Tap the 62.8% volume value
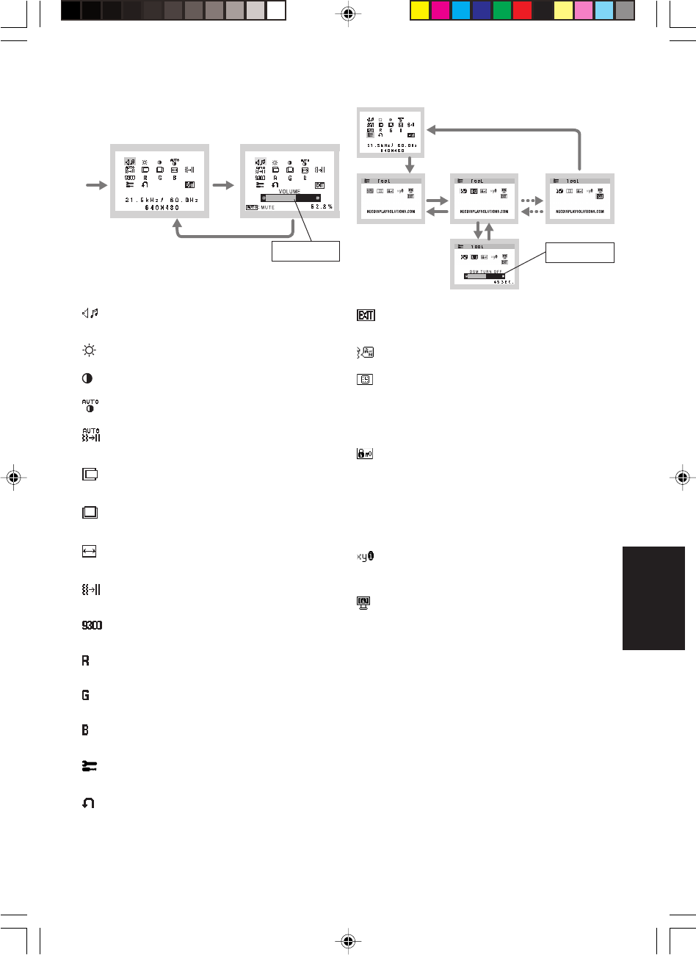pyautogui.click(x=321, y=207)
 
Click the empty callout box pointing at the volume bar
pyautogui.click(x=305, y=251)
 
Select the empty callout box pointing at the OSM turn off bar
pyautogui.click(x=579, y=253)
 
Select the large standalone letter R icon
pyautogui.click(x=86, y=660)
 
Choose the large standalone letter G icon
pyautogui.click(x=86, y=695)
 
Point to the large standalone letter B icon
pyautogui.click(x=86, y=730)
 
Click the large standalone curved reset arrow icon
pyautogui.click(x=88, y=804)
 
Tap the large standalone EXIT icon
pyautogui.click(x=365, y=315)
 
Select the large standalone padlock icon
pyautogui.click(x=364, y=455)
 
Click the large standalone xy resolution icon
pyautogui.click(x=366, y=557)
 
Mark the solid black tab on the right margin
pyautogui.click(x=653, y=597)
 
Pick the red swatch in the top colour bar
pyautogui.click(x=522, y=10)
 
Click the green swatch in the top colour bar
pyautogui.click(x=502, y=10)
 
